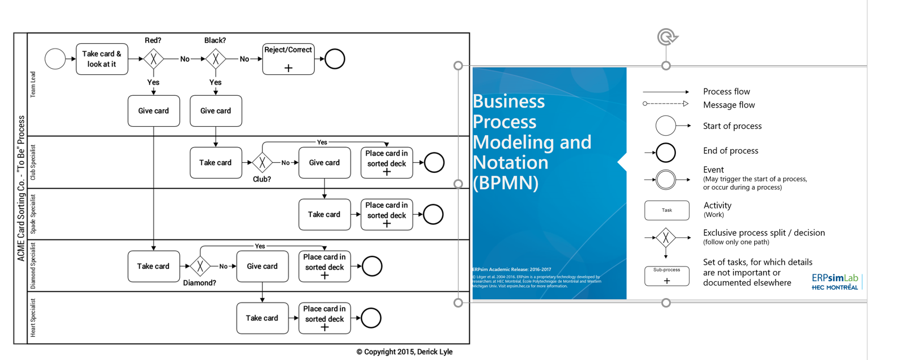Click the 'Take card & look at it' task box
coord(102,59)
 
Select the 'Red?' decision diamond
coord(153,59)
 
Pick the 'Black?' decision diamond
coord(215,59)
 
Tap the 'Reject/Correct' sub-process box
coord(288,59)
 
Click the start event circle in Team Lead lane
coord(55,59)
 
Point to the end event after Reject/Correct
coord(335,59)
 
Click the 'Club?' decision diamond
coord(262,163)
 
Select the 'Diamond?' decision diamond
coord(200,266)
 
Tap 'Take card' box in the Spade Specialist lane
coord(324,215)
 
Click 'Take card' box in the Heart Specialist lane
coord(262,318)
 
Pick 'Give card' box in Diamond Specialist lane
coord(262,266)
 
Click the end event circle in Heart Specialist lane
coord(371,318)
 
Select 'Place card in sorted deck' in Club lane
coord(386,163)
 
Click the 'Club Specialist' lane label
coord(33,162)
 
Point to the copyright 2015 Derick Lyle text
coord(404,352)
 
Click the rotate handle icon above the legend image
coord(667,38)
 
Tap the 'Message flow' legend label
coord(728,105)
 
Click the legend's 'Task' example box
coord(666,210)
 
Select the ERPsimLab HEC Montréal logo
coord(835,282)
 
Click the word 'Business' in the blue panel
coord(509,101)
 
